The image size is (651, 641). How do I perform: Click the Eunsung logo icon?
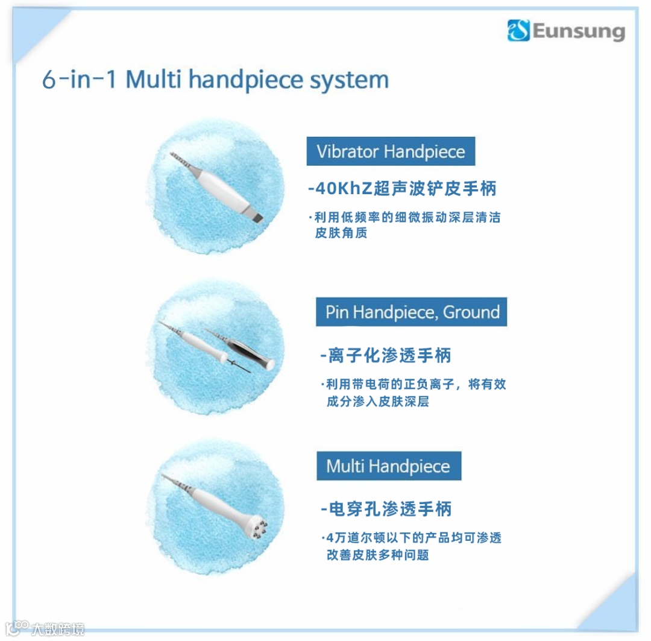(518, 30)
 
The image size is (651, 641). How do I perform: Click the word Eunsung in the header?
(579, 31)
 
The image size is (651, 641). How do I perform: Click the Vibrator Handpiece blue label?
(391, 151)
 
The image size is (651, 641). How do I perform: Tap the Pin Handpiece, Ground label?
(412, 312)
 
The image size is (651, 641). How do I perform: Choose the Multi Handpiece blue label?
(389, 466)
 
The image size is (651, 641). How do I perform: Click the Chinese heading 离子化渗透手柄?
(389, 356)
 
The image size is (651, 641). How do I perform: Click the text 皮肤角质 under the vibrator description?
(341, 233)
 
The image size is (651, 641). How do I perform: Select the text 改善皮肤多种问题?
(378, 555)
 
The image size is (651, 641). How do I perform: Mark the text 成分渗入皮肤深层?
(378, 401)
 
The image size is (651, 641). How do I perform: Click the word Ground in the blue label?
(471, 312)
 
